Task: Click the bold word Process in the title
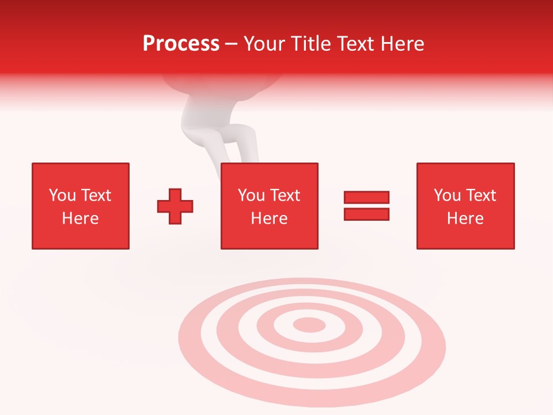pyautogui.click(x=181, y=44)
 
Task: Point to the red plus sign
pyautogui.click(x=175, y=206)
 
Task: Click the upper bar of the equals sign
pyautogui.click(x=366, y=197)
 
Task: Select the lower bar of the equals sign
pyautogui.click(x=366, y=214)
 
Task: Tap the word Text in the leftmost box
pyautogui.click(x=96, y=195)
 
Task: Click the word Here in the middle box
pyautogui.click(x=270, y=218)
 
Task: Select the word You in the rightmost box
pyautogui.click(x=447, y=195)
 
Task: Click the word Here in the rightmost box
pyautogui.click(x=465, y=218)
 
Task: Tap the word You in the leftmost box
pyautogui.click(x=62, y=195)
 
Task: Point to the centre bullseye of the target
pyautogui.click(x=309, y=325)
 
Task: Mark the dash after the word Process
pyautogui.click(x=231, y=44)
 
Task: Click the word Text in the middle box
pyautogui.click(x=285, y=195)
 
